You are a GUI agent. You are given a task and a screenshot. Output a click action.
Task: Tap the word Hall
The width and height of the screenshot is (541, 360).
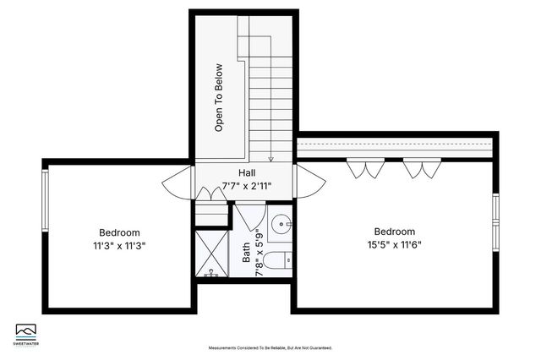click(247, 172)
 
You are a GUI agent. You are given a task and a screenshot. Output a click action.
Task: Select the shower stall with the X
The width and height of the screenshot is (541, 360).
click(211, 253)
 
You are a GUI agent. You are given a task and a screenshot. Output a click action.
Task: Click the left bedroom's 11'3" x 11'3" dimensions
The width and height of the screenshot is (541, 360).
click(119, 246)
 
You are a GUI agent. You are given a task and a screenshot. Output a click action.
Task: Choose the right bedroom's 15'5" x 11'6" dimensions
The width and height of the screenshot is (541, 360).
click(394, 244)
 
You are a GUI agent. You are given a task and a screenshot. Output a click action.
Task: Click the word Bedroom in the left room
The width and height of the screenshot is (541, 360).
click(119, 232)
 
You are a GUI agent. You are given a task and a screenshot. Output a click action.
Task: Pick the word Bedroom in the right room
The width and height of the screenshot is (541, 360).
click(395, 231)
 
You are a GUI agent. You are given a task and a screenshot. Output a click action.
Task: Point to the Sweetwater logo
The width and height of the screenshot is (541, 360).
click(29, 332)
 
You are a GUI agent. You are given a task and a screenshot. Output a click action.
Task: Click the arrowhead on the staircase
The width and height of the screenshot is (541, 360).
click(271, 158)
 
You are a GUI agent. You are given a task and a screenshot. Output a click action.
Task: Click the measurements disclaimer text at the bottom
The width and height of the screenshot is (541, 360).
click(270, 347)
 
